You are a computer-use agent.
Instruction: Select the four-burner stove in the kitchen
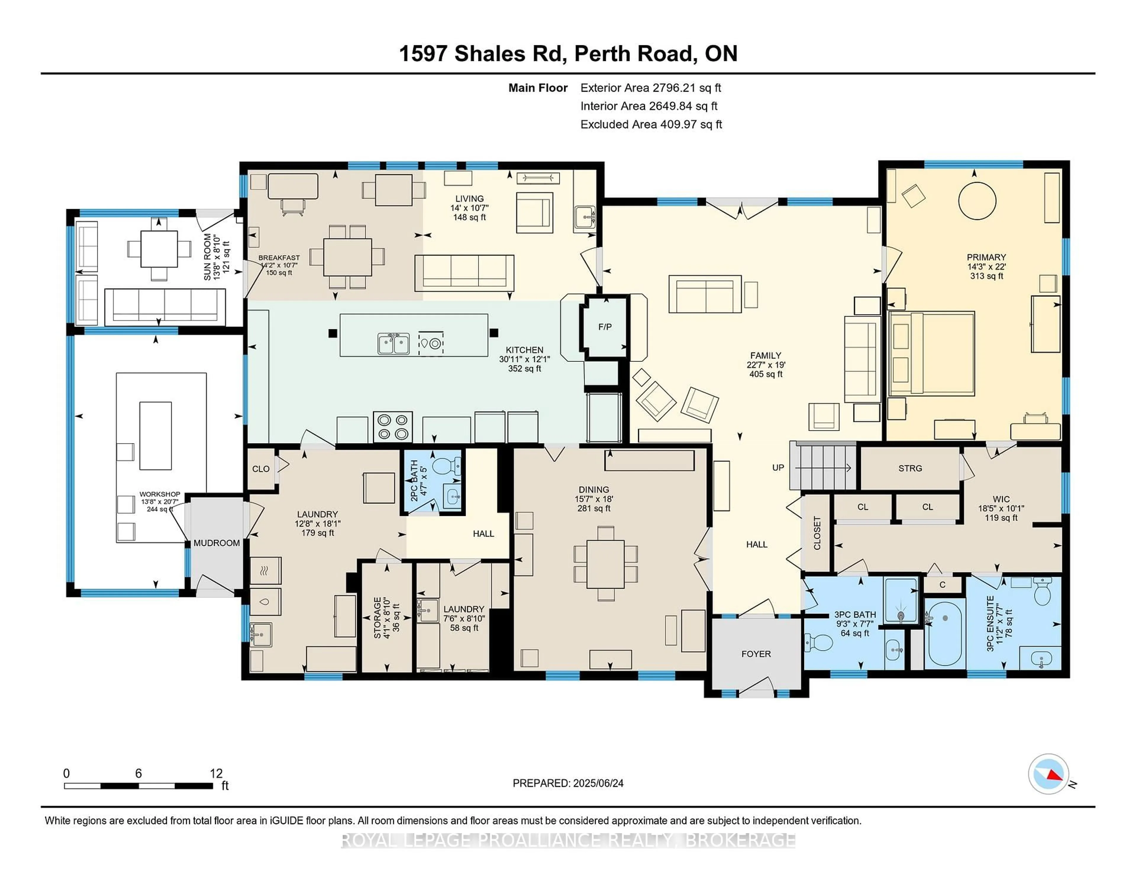(393, 427)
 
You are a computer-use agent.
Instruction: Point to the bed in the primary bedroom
(931, 354)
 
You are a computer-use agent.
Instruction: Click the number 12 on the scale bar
(216, 774)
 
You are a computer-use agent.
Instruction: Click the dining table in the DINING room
(605, 564)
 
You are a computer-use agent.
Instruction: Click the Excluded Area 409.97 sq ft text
(651, 124)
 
